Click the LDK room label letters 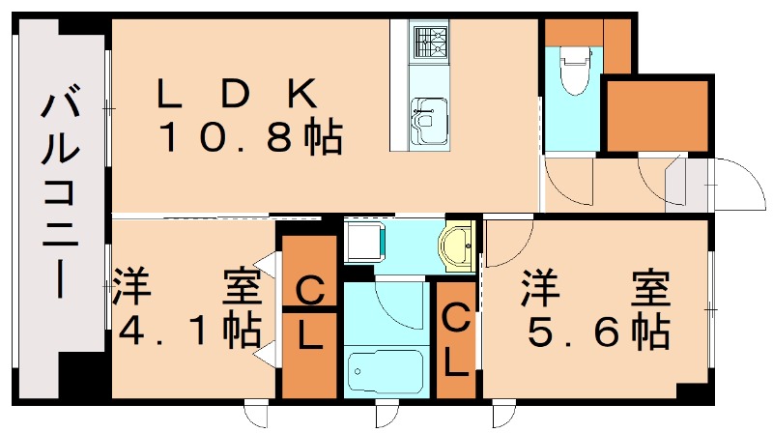pos(237,94)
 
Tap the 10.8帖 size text pos(249,140)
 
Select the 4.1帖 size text pos(188,331)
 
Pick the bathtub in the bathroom pos(384,371)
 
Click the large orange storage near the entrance pos(657,115)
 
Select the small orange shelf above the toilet pos(572,34)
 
